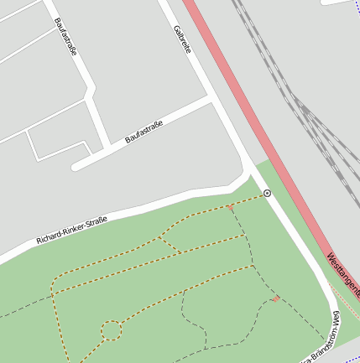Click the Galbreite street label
(183, 39)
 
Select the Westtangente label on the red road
(343, 276)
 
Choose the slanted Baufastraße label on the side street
(143, 132)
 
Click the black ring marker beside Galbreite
(268, 194)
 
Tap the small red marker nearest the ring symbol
(230, 206)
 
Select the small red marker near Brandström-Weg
(276, 298)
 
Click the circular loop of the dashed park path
(112, 331)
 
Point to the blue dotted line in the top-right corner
(340, 3)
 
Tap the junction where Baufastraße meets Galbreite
(211, 97)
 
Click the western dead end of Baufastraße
(75, 166)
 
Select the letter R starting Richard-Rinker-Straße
(39, 243)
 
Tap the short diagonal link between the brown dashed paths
(169, 244)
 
